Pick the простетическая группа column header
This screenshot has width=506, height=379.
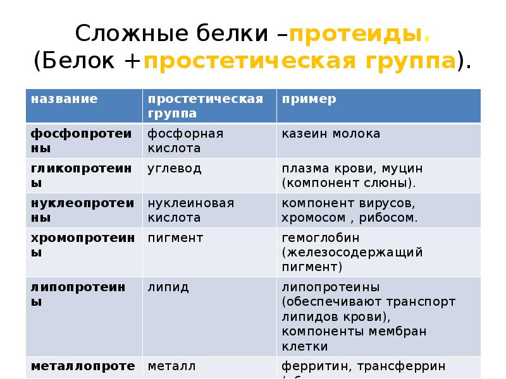click(x=205, y=106)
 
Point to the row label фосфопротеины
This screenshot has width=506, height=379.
click(x=82, y=141)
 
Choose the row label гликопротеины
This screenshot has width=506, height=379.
click(x=82, y=176)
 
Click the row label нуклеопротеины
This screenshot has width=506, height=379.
click(x=82, y=210)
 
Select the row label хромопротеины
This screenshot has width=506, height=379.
click(x=82, y=245)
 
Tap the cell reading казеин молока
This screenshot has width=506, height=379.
click(x=331, y=134)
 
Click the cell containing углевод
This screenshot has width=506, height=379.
click(x=175, y=169)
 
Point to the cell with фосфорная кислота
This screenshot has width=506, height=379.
click(x=186, y=141)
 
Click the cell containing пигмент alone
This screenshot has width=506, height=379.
click(x=176, y=238)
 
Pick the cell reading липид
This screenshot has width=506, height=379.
click(x=168, y=287)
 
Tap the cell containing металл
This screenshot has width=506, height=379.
click(x=172, y=366)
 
